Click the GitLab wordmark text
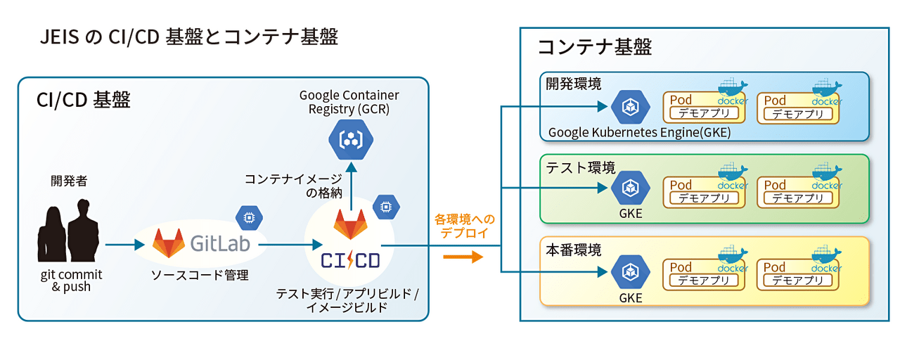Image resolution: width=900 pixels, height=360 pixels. pos(220,243)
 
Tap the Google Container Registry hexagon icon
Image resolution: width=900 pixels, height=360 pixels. pos(351,139)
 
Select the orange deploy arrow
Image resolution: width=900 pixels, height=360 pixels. pos(463,257)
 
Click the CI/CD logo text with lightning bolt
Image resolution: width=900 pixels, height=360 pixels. pos(350,260)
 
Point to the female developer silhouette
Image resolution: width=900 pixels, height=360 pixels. pos(51,234)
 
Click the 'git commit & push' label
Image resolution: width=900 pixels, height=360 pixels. pos(71,281)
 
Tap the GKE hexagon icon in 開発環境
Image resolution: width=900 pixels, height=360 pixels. pos(631,106)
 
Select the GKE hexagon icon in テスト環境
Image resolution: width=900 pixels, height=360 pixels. pos(631,188)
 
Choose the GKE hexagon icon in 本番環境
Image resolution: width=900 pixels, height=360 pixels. pos(631,272)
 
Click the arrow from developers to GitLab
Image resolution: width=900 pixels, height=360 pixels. pos(125,244)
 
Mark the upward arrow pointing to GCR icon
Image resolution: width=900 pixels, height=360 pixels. pos(351,186)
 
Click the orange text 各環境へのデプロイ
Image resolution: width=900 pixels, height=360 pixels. pos(465,226)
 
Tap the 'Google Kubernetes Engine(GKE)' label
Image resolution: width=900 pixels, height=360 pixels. pos(639,132)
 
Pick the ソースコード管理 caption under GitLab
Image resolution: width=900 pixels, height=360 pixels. pos(200,275)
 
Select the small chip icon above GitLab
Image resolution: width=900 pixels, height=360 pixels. pos(249,218)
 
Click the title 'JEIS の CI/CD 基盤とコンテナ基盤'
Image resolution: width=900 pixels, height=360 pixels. pos(189,37)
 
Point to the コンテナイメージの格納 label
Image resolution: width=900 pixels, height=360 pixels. pos(293,186)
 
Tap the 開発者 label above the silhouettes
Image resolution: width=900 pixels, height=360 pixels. pos(69,181)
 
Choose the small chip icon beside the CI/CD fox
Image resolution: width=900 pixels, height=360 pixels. pos(386,207)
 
